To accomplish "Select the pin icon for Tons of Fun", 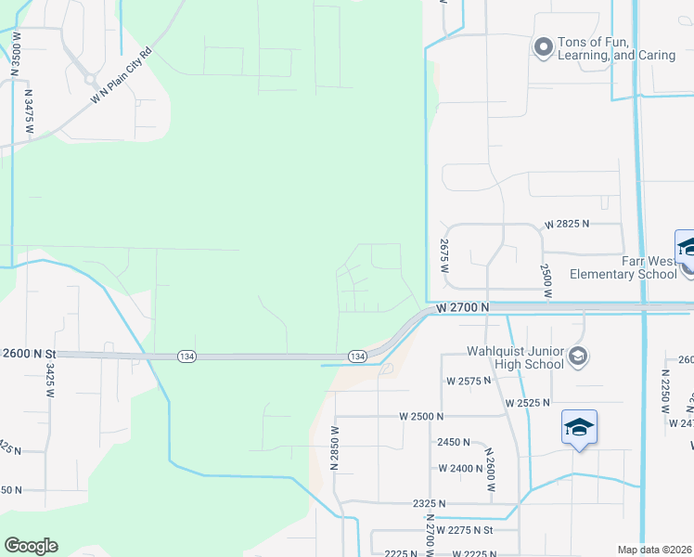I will (543, 46).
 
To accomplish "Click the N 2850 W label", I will (334, 449).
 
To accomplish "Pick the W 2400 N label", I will (462, 468).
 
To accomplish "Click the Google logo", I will (31, 546).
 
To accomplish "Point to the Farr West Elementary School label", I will (623, 267).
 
